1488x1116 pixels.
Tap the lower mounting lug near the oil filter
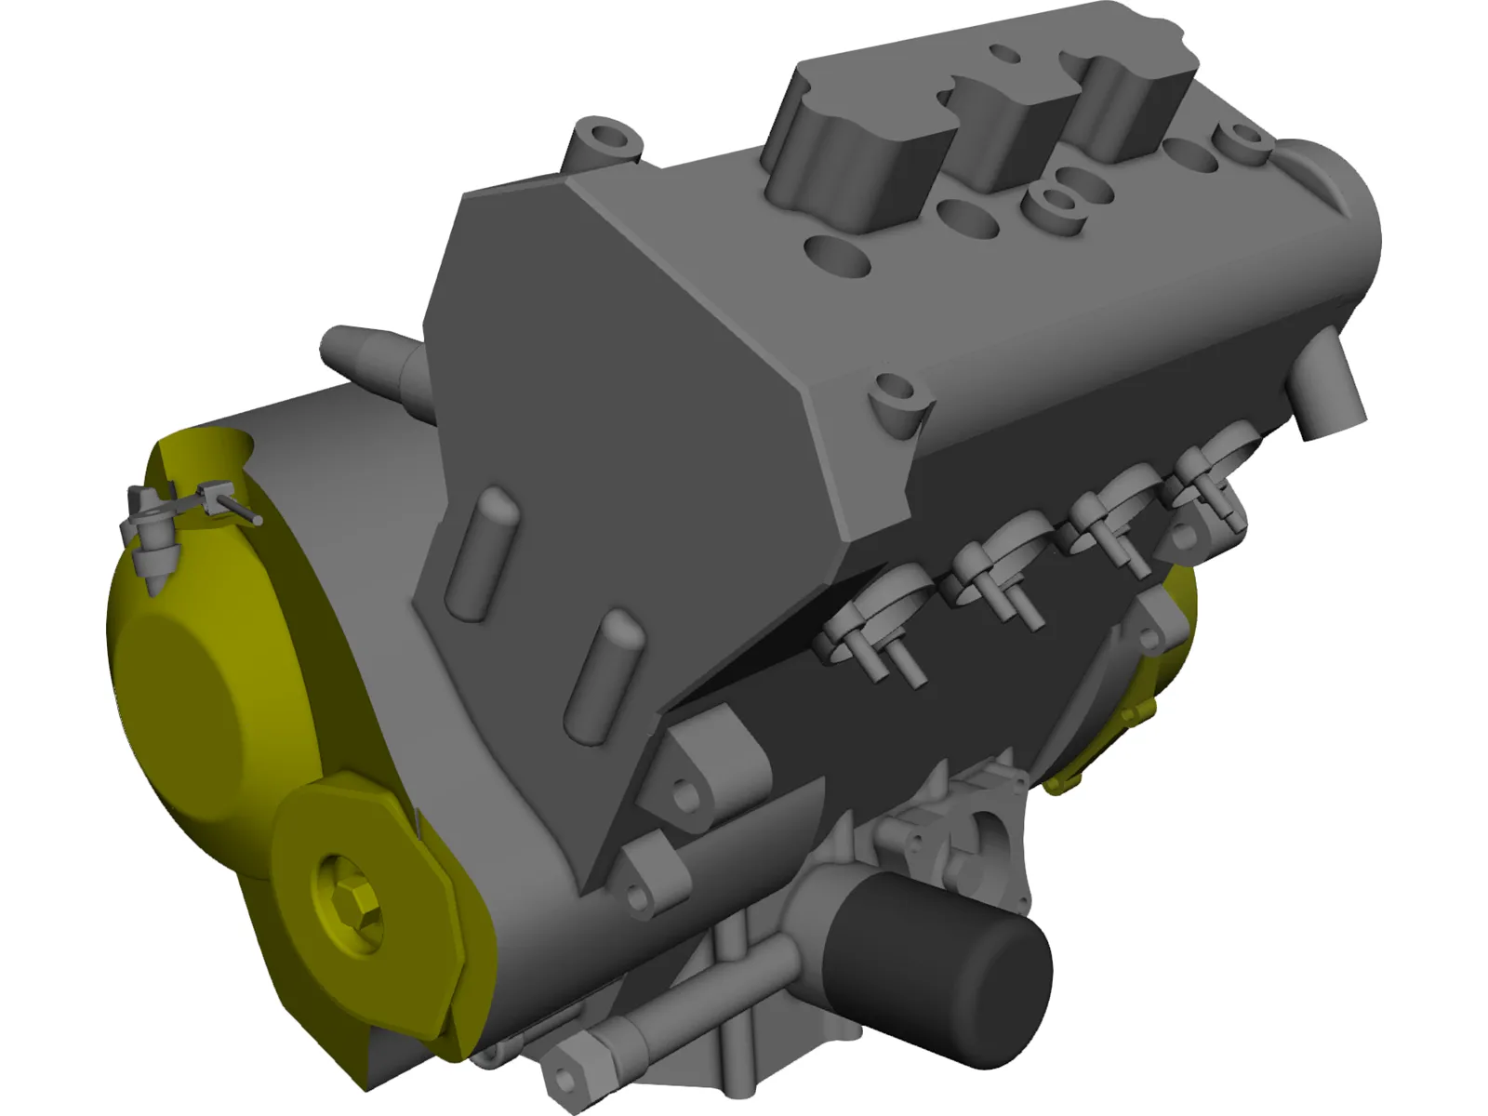(651, 870)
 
